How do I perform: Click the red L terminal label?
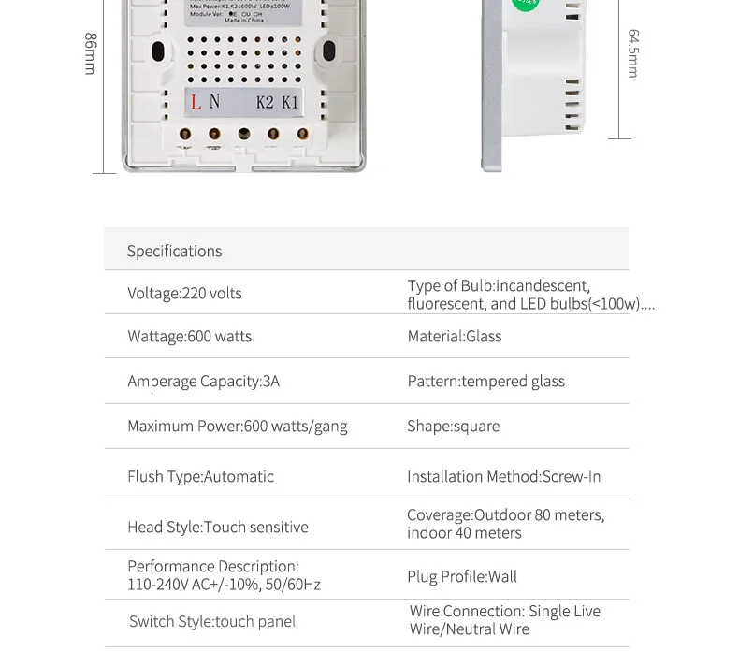pyautogui.click(x=196, y=103)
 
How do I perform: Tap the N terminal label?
pyautogui.click(x=215, y=102)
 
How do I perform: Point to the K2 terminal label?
pyautogui.click(x=265, y=103)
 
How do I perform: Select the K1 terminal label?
pyautogui.click(x=290, y=103)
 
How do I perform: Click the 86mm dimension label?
pyautogui.click(x=91, y=53)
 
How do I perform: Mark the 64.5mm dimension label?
pyautogui.click(x=633, y=53)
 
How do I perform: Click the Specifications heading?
pyautogui.click(x=174, y=251)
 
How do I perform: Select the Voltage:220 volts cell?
pyautogui.click(x=184, y=293)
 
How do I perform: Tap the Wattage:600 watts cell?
pyautogui.click(x=189, y=336)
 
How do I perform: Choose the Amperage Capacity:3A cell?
pyautogui.click(x=203, y=381)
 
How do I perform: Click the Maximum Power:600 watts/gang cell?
pyautogui.click(x=237, y=426)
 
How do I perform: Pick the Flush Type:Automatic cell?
pyautogui.click(x=200, y=476)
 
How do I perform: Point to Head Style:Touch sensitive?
pyautogui.click(x=217, y=527)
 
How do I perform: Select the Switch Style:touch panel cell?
pyautogui.click(x=211, y=621)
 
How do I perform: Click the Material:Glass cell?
pyautogui.click(x=454, y=336)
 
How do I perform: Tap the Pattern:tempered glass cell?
pyautogui.click(x=485, y=381)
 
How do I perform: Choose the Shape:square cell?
pyautogui.click(x=453, y=426)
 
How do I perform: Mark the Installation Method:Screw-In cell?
pyautogui.click(x=503, y=476)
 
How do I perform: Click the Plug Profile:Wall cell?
pyautogui.click(x=461, y=576)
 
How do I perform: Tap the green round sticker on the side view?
pyautogui.click(x=526, y=4)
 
